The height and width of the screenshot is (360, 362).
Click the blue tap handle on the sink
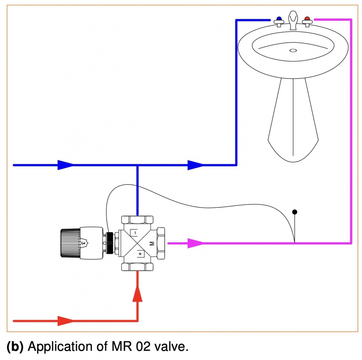coord(279,20)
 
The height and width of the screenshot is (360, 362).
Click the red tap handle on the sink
coord(307,20)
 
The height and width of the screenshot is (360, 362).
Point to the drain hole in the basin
coord(293,51)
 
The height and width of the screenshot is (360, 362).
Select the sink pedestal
coord(293,119)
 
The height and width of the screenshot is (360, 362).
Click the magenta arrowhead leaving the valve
coord(195,243)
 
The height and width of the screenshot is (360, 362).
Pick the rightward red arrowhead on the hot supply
coord(65,321)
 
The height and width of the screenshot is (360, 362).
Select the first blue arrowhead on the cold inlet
coord(65,165)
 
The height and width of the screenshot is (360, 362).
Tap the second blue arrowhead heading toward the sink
coord(195,165)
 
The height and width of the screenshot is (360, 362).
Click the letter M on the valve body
coord(152,244)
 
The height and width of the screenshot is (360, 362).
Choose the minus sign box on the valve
coord(134,233)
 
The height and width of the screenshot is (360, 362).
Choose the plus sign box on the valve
coord(140,254)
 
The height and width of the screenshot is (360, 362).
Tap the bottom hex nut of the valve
coord(137,267)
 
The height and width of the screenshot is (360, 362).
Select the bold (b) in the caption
coord(15,347)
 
